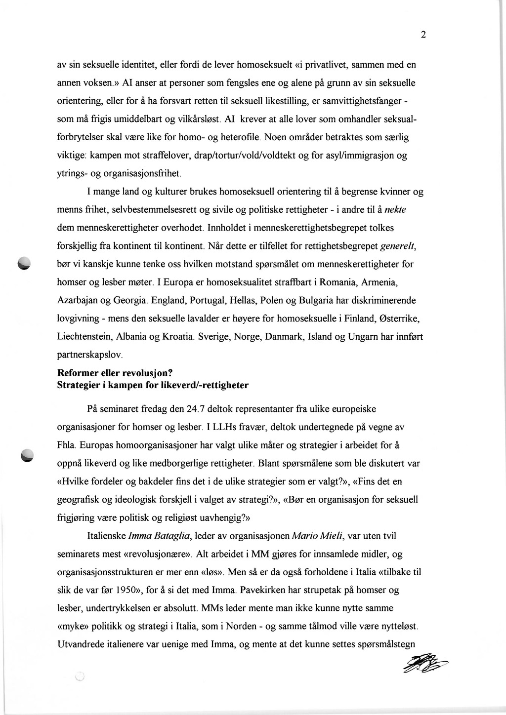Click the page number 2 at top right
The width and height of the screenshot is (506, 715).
[423, 35]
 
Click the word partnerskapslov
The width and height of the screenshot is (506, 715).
[86, 355]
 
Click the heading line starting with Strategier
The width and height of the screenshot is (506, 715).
[153, 385]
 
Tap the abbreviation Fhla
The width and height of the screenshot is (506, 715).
[66, 445]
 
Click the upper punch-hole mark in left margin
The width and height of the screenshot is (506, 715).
[24, 264]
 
